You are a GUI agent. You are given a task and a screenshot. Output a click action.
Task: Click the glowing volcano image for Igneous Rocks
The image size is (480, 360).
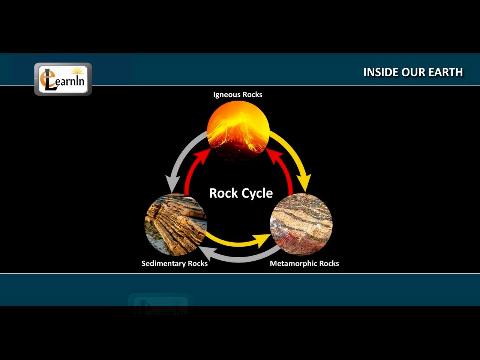(x=238, y=131)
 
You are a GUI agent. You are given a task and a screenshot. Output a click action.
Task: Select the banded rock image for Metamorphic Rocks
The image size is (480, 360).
(x=301, y=224)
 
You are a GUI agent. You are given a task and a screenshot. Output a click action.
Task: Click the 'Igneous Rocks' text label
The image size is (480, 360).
(x=238, y=94)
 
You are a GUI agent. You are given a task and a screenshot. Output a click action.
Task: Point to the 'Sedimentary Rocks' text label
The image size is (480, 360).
(x=174, y=263)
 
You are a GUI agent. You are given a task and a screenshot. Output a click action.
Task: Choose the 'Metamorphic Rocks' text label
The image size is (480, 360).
(x=305, y=263)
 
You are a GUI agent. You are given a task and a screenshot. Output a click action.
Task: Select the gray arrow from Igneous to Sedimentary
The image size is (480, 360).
(x=180, y=160)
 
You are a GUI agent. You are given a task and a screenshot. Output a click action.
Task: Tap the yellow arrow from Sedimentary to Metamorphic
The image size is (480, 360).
(x=239, y=239)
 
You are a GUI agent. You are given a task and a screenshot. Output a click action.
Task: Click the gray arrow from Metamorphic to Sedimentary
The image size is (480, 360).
(x=239, y=256)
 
